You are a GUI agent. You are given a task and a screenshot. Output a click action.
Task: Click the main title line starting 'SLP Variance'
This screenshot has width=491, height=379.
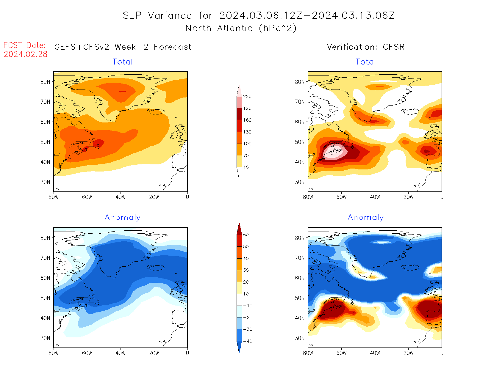point(259,15)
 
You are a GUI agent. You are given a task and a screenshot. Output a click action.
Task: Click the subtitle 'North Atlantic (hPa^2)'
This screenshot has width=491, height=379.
point(241,29)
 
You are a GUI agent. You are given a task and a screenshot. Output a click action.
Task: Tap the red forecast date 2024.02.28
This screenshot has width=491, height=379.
point(26,54)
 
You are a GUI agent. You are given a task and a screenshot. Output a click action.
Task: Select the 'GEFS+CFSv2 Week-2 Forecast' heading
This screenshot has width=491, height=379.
point(123,47)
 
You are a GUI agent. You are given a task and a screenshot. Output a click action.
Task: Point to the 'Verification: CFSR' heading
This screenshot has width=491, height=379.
point(365,47)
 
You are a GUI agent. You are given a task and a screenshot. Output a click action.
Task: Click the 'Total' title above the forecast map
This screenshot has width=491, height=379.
point(123,62)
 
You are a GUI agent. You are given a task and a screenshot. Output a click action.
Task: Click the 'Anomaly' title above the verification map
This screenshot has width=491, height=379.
point(366,218)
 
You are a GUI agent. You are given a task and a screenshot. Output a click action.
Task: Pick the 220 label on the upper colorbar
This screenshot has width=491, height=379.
point(247,97)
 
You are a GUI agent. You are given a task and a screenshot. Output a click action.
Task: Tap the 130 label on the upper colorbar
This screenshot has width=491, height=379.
point(247,132)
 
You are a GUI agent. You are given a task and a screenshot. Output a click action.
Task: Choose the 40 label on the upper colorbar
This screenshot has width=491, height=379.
point(246,167)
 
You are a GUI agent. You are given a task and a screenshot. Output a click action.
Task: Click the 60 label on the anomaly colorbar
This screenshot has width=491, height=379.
point(246,235)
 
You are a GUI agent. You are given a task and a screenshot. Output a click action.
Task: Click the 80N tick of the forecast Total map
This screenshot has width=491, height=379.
point(45,82)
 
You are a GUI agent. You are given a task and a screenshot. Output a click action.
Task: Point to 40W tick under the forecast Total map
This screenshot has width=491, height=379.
point(121,197)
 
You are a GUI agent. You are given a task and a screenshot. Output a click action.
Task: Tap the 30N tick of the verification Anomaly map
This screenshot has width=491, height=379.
point(300,338)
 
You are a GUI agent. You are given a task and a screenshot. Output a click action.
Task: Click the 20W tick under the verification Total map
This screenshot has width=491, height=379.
point(409,197)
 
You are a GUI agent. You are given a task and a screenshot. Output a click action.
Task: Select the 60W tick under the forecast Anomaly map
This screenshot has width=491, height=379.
point(87,353)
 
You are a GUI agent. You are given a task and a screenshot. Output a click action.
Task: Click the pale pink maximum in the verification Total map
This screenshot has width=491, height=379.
point(335,152)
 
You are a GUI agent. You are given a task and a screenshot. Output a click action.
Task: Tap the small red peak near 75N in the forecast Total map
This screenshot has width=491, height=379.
point(122,92)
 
